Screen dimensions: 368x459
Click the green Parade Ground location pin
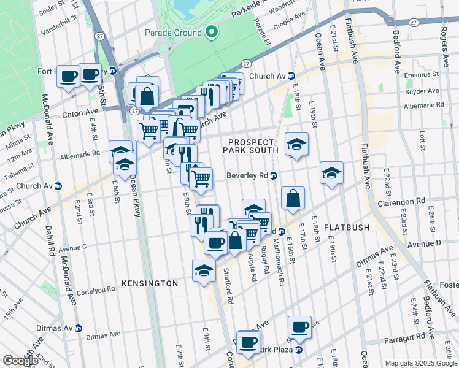212,32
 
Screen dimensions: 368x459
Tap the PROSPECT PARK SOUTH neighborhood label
250,145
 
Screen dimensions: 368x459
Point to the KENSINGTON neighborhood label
150,283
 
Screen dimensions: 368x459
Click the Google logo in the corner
20,361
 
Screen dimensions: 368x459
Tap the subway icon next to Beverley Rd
274,175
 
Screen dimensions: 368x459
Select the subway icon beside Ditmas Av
77,328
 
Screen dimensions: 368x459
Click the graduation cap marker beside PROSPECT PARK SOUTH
297,145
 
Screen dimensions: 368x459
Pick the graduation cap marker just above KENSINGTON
204,270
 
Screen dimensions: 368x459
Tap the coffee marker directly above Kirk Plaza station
299,327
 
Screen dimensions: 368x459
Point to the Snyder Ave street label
421,91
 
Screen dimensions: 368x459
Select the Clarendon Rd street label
401,201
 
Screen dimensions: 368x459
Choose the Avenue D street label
424,243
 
